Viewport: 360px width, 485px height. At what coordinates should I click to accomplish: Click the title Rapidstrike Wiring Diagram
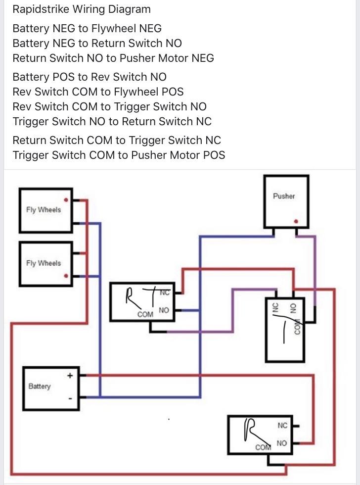pos(82,9)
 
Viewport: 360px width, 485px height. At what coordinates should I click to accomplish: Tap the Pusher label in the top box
pos(284,196)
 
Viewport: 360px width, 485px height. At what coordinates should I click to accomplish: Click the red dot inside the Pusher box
pos(296,222)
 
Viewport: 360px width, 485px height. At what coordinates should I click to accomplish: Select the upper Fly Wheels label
pos(44,210)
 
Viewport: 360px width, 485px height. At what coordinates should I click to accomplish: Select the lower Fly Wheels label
pos(44,263)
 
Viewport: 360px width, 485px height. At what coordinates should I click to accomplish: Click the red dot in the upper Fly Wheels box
pos(66,200)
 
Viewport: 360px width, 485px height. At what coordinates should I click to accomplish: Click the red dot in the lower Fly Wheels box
pos(66,277)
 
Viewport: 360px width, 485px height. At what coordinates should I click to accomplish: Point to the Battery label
pos(40,386)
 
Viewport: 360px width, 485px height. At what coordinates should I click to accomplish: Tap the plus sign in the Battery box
pos(70,376)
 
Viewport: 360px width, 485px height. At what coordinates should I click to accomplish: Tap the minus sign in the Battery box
pos(70,398)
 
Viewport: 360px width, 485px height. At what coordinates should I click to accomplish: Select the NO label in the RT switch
pos(164,310)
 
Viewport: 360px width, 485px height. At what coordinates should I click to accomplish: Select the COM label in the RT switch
pos(145,314)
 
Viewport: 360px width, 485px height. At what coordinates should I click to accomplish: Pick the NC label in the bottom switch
pos(282,425)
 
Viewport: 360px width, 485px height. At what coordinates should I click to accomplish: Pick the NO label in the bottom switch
pos(282,443)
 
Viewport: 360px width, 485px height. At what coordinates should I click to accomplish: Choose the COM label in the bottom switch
pos(263,447)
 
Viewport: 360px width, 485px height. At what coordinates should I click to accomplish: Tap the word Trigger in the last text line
pos(29,155)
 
